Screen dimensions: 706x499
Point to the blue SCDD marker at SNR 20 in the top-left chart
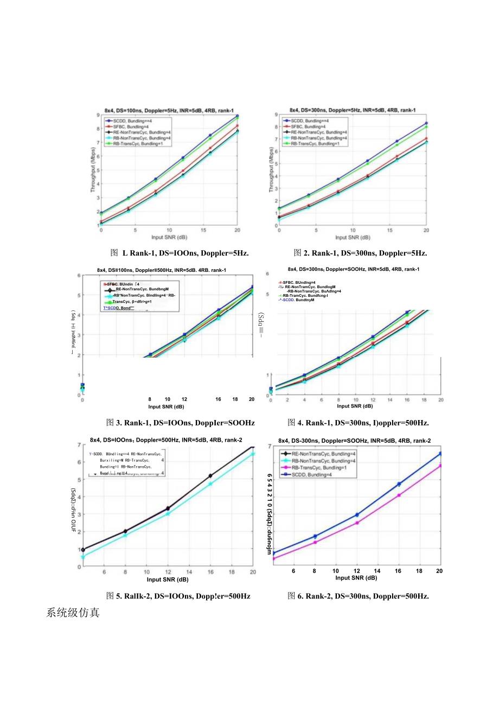238,116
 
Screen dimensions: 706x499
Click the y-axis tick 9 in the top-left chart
98,115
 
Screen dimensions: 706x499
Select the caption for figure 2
360,253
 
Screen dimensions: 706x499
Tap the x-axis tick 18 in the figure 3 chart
235,399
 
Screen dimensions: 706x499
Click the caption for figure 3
181,423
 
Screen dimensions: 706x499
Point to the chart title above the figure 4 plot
353,269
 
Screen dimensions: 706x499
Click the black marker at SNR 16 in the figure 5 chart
210,476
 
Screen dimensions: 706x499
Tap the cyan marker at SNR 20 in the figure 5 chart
253,454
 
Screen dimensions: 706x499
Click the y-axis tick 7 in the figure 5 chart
79,445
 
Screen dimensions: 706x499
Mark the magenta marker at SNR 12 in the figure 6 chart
357,523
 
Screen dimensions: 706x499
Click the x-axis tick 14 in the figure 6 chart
378,571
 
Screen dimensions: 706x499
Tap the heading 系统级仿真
73,614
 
